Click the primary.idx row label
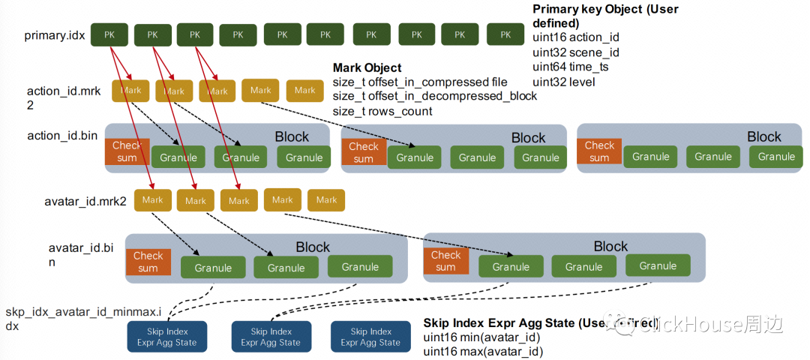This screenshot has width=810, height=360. [55, 35]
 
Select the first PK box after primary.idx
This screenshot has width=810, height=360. [109, 34]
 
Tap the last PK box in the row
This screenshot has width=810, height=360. [505, 34]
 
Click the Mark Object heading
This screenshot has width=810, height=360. [367, 67]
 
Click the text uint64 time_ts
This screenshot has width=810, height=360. [571, 67]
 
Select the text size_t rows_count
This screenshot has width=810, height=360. [382, 111]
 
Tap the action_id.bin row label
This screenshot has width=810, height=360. [62, 136]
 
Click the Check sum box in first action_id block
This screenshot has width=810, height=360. [127, 151]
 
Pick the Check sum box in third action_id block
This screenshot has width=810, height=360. [599, 151]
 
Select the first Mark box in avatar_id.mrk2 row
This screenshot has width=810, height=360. [152, 200]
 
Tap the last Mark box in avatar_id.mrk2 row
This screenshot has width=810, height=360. [326, 200]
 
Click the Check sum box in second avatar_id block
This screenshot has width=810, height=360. [445, 261]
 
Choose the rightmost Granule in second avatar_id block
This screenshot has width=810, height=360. [658, 266]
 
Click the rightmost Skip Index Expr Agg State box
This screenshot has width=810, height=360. [370, 337]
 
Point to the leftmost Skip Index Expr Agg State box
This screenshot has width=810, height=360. [166, 337]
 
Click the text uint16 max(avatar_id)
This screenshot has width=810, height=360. [483, 351]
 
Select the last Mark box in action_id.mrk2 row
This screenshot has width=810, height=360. [304, 91]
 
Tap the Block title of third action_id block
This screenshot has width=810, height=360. [763, 136]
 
